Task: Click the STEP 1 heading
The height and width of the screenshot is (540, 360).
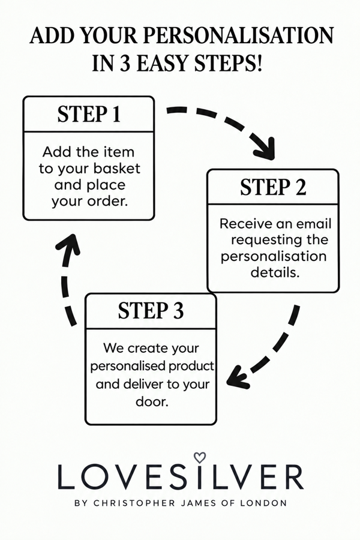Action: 89,114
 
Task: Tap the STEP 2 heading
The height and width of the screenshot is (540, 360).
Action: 273,187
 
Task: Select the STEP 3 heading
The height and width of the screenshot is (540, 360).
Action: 151,311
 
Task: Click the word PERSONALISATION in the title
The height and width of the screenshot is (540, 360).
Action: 238,35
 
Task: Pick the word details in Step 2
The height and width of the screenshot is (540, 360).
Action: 275,272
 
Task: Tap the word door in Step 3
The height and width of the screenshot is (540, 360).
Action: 152,401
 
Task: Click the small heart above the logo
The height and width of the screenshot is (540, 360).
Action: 199,458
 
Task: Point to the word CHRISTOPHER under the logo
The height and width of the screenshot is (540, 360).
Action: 134,503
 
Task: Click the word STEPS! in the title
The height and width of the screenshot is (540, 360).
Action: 229,64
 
